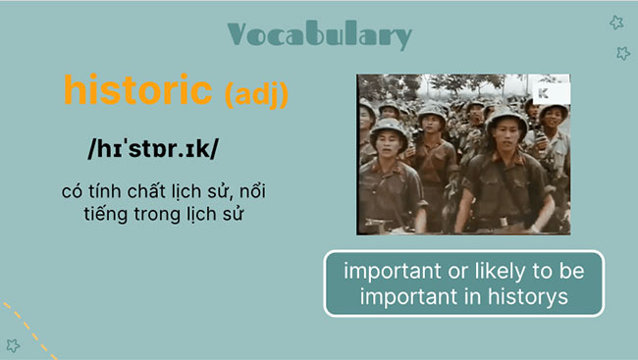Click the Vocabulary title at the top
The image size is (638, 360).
(319, 34)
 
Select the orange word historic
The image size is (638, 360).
(137, 90)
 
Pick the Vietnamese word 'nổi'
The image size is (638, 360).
(251, 189)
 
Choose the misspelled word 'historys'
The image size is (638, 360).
(532, 297)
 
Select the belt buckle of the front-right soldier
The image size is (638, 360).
(512, 224)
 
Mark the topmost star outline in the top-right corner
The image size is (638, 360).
(616, 23)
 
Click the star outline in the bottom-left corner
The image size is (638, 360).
(13, 344)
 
